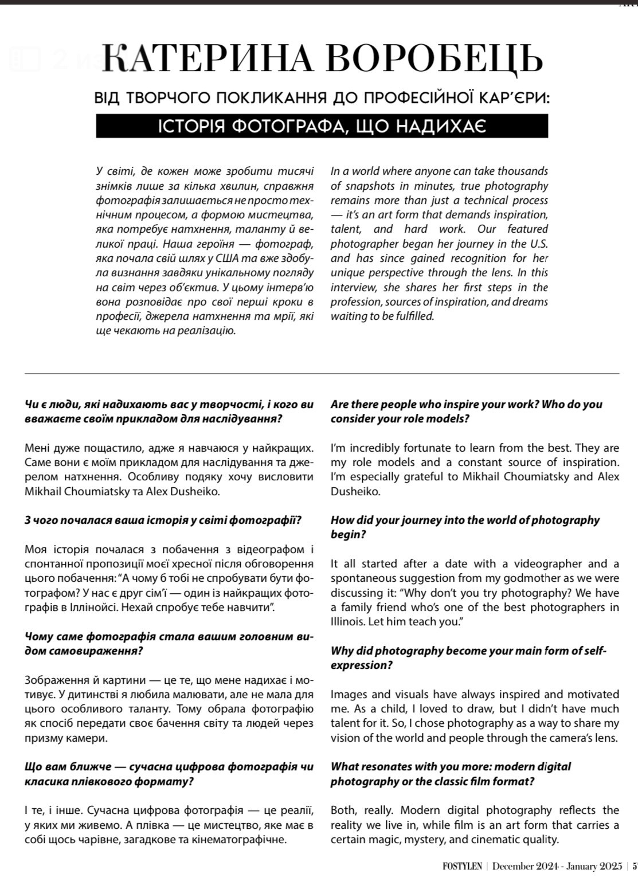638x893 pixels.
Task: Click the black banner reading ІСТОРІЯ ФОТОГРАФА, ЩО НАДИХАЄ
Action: (x=322, y=126)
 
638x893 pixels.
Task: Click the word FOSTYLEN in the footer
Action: (x=462, y=866)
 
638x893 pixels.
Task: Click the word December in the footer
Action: (x=513, y=866)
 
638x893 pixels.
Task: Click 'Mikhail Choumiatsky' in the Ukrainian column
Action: (x=79, y=491)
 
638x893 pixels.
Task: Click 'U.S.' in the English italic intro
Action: (x=538, y=244)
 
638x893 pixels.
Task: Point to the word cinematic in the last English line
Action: (x=497, y=840)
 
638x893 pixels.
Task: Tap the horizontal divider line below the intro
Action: (x=322, y=374)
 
